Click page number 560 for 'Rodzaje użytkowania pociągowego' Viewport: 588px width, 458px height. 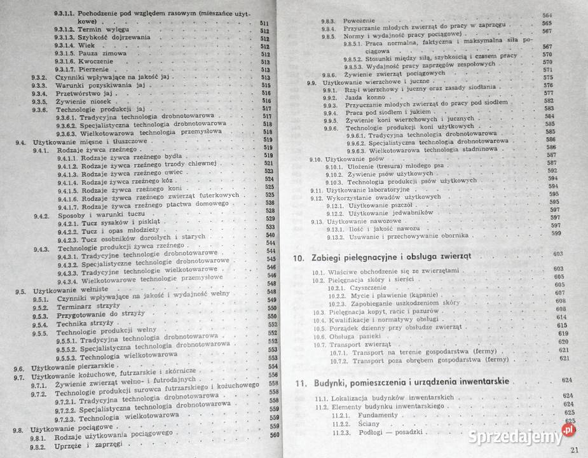coord(274,436)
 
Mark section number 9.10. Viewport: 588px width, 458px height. coord(315,158)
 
